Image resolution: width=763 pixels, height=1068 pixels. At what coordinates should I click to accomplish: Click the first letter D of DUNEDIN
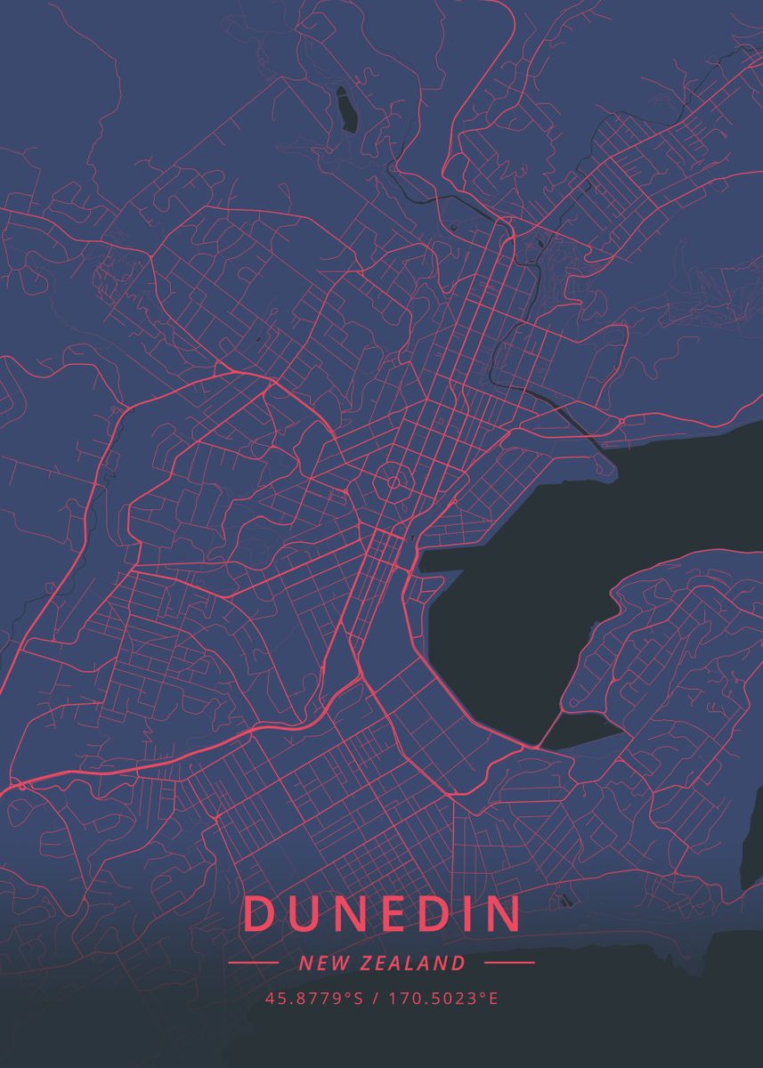pos(257,915)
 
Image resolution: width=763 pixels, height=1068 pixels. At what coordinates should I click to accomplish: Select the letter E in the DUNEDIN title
pos(389,915)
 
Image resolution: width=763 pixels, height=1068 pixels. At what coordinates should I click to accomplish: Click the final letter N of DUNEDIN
pos(503,915)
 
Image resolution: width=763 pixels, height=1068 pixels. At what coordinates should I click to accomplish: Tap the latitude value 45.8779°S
pos(314,998)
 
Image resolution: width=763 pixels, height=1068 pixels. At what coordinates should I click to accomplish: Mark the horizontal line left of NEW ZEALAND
pos(254,963)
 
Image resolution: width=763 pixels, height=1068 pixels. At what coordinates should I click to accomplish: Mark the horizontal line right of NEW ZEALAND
pos(509,963)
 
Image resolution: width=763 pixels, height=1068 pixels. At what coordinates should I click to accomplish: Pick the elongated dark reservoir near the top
pos(345,110)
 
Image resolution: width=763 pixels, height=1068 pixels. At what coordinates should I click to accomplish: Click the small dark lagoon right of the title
pos(563,901)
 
